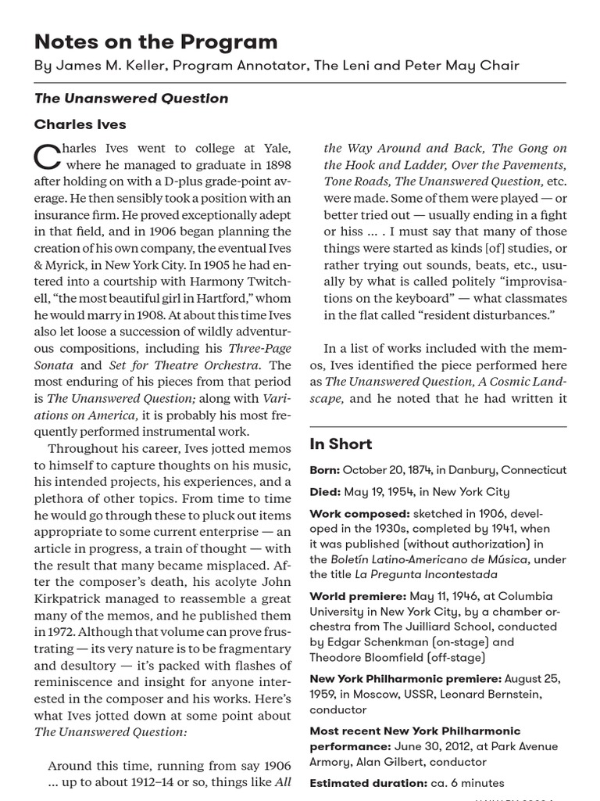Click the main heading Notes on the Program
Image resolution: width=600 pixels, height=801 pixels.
155,41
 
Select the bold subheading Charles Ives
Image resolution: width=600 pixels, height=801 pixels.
80,124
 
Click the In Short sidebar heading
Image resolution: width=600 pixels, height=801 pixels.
341,444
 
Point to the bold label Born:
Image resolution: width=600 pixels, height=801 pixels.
324,470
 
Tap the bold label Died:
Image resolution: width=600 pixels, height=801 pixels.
324,492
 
